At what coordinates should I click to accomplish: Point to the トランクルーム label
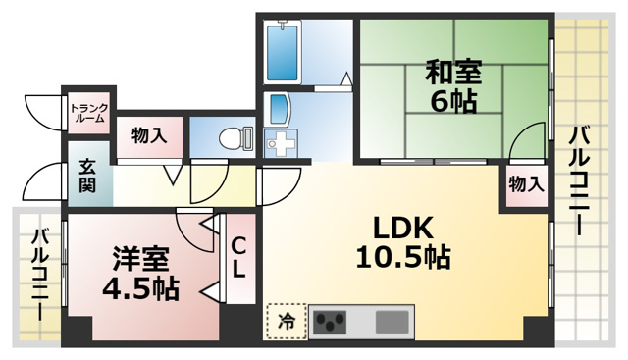[89, 112]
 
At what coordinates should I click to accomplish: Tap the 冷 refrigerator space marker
[286, 320]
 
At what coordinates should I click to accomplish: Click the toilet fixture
[234, 137]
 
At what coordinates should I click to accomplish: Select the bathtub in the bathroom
[287, 51]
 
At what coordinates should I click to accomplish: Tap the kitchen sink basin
[392, 321]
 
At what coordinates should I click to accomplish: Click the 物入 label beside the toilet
[148, 134]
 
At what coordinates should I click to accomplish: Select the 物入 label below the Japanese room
[526, 183]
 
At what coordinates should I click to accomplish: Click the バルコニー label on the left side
[40, 274]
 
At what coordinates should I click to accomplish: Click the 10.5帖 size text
[402, 258]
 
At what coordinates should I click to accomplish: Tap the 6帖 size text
[452, 101]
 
